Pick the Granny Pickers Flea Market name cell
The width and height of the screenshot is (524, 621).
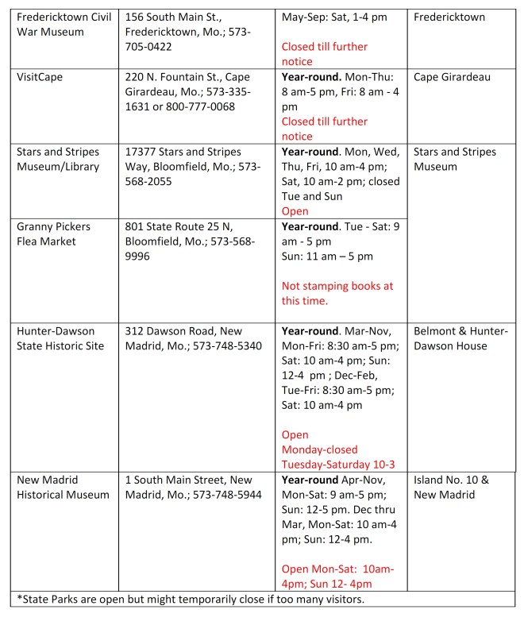(x=54, y=234)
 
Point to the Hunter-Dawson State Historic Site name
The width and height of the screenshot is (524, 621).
(x=60, y=338)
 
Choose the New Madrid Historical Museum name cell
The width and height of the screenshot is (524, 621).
(x=63, y=488)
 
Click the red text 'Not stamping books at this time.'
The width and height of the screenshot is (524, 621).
(x=337, y=294)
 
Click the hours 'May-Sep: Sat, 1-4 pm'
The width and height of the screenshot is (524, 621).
(x=338, y=16)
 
